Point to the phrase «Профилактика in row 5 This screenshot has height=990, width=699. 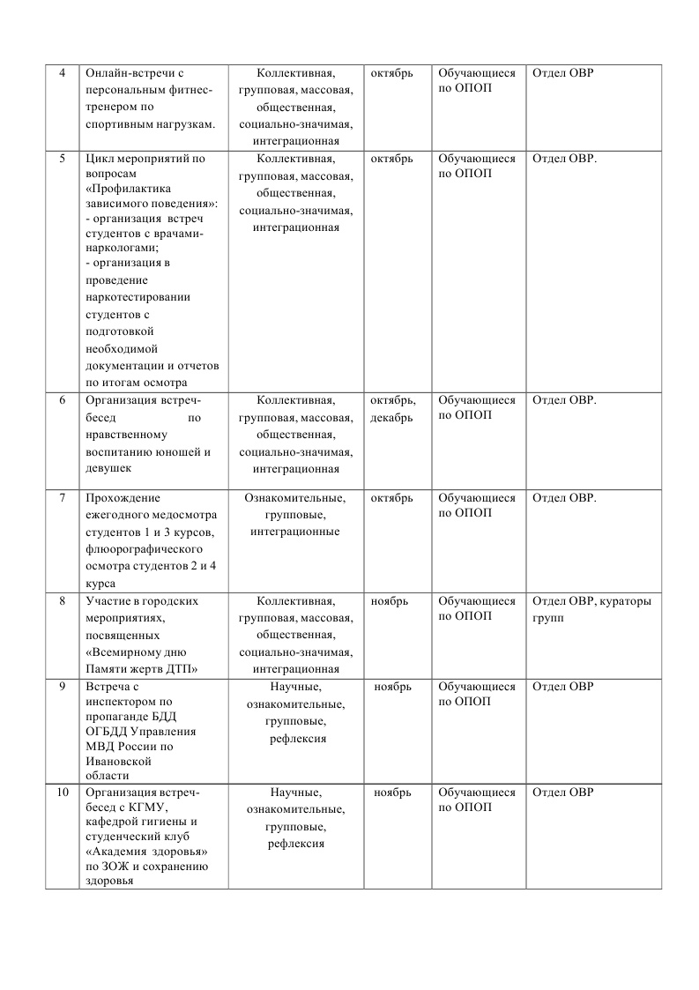coord(130,189)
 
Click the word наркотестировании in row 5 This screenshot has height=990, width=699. coord(138,297)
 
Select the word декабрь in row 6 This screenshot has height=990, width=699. coord(391,418)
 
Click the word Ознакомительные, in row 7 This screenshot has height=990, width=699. coord(295,498)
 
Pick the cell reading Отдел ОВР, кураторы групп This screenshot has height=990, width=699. coord(593,609)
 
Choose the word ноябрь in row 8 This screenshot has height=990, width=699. coord(390,601)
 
